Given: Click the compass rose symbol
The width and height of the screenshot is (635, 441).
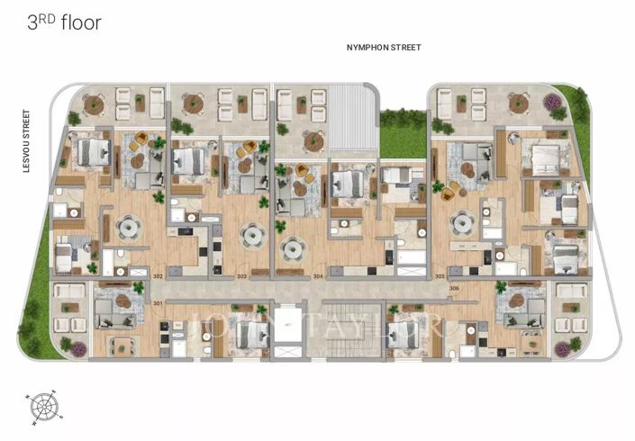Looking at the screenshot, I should pyautogui.click(x=43, y=407).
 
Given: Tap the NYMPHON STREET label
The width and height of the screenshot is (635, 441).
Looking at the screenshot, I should pyautogui.click(x=384, y=47).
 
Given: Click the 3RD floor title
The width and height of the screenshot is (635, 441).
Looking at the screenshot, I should pyautogui.click(x=63, y=22).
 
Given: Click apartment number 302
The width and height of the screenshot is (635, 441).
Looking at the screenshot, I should pyautogui.click(x=158, y=275).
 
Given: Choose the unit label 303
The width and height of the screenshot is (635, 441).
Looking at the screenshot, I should pyautogui.click(x=241, y=275).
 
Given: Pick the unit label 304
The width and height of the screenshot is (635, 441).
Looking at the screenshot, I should pyautogui.click(x=318, y=275).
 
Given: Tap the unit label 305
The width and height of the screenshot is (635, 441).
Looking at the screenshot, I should pyautogui.click(x=440, y=275).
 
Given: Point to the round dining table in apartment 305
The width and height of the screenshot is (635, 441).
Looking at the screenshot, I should pyautogui.click(x=463, y=221).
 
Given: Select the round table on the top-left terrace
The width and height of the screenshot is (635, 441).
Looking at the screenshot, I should pyautogui.click(x=95, y=103).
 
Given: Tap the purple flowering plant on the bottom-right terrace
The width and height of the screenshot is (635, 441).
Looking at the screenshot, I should pyautogui.click(x=575, y=345).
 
